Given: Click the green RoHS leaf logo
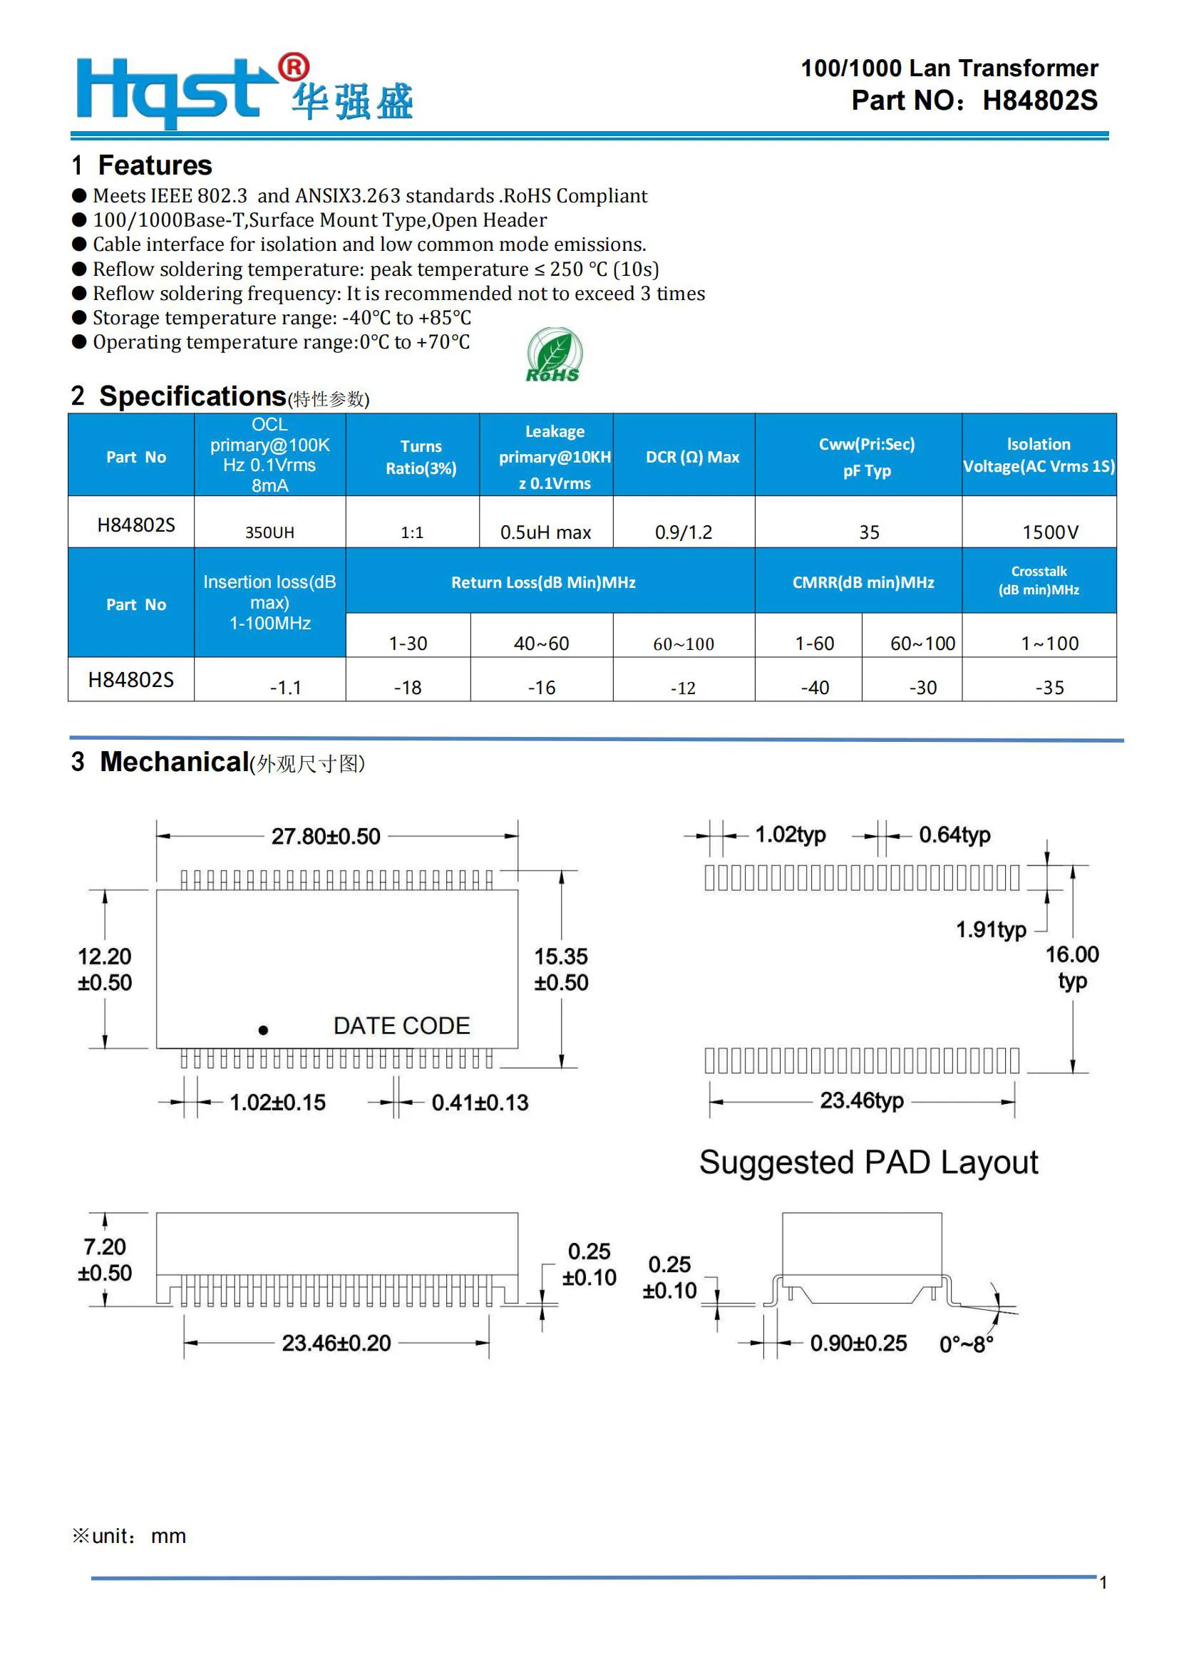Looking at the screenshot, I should (553, 355).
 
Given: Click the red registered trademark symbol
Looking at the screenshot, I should (294, 68).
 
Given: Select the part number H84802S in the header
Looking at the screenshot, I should (1039, 101).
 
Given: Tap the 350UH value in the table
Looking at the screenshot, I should (269, 532).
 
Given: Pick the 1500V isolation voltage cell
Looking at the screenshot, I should (1050, 532).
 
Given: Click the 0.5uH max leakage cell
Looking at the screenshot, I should (545, 532).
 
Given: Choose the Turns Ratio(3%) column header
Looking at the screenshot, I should (421, 457).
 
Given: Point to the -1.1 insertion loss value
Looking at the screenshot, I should (285, 687).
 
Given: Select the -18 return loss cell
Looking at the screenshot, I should (407, 687).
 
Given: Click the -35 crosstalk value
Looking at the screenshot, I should (1049, 687).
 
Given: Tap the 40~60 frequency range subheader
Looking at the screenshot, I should (541, 644).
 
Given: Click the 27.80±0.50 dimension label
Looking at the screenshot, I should (325, 837).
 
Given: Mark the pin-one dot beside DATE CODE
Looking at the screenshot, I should (264, 1030).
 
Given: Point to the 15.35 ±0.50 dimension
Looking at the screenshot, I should (560, 969).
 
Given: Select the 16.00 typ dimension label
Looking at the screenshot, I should (1071, 967).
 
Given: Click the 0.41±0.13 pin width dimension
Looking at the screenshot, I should (480, 1102).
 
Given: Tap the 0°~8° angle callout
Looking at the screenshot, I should (966, 1344).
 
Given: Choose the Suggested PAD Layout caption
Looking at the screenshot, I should (868, 1162).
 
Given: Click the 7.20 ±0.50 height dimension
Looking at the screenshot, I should (105, 1259).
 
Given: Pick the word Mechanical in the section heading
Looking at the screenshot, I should (174, 762).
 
